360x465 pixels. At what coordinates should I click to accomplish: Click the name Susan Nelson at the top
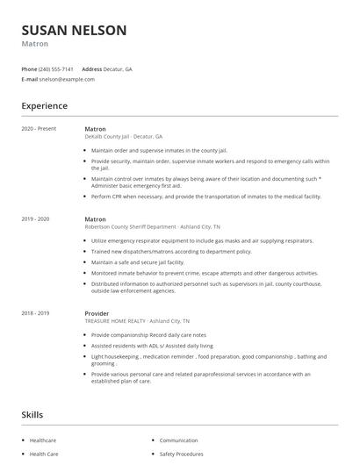click(74, 31)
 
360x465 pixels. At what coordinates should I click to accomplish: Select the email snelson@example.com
click(66, 79)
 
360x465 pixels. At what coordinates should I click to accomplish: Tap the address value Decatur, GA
click(119, 68)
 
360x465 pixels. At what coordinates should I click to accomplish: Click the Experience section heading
click(44, 106)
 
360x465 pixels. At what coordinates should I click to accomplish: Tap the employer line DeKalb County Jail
click(123, 137)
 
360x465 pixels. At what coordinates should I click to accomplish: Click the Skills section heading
click(32, 414)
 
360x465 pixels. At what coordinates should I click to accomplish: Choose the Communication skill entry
click(178, 440)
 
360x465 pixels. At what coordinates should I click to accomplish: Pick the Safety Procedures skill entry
click(181, 454)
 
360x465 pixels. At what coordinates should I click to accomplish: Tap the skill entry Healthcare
click(43, 440)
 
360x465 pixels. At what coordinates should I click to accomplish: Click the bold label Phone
click(29, 68)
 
